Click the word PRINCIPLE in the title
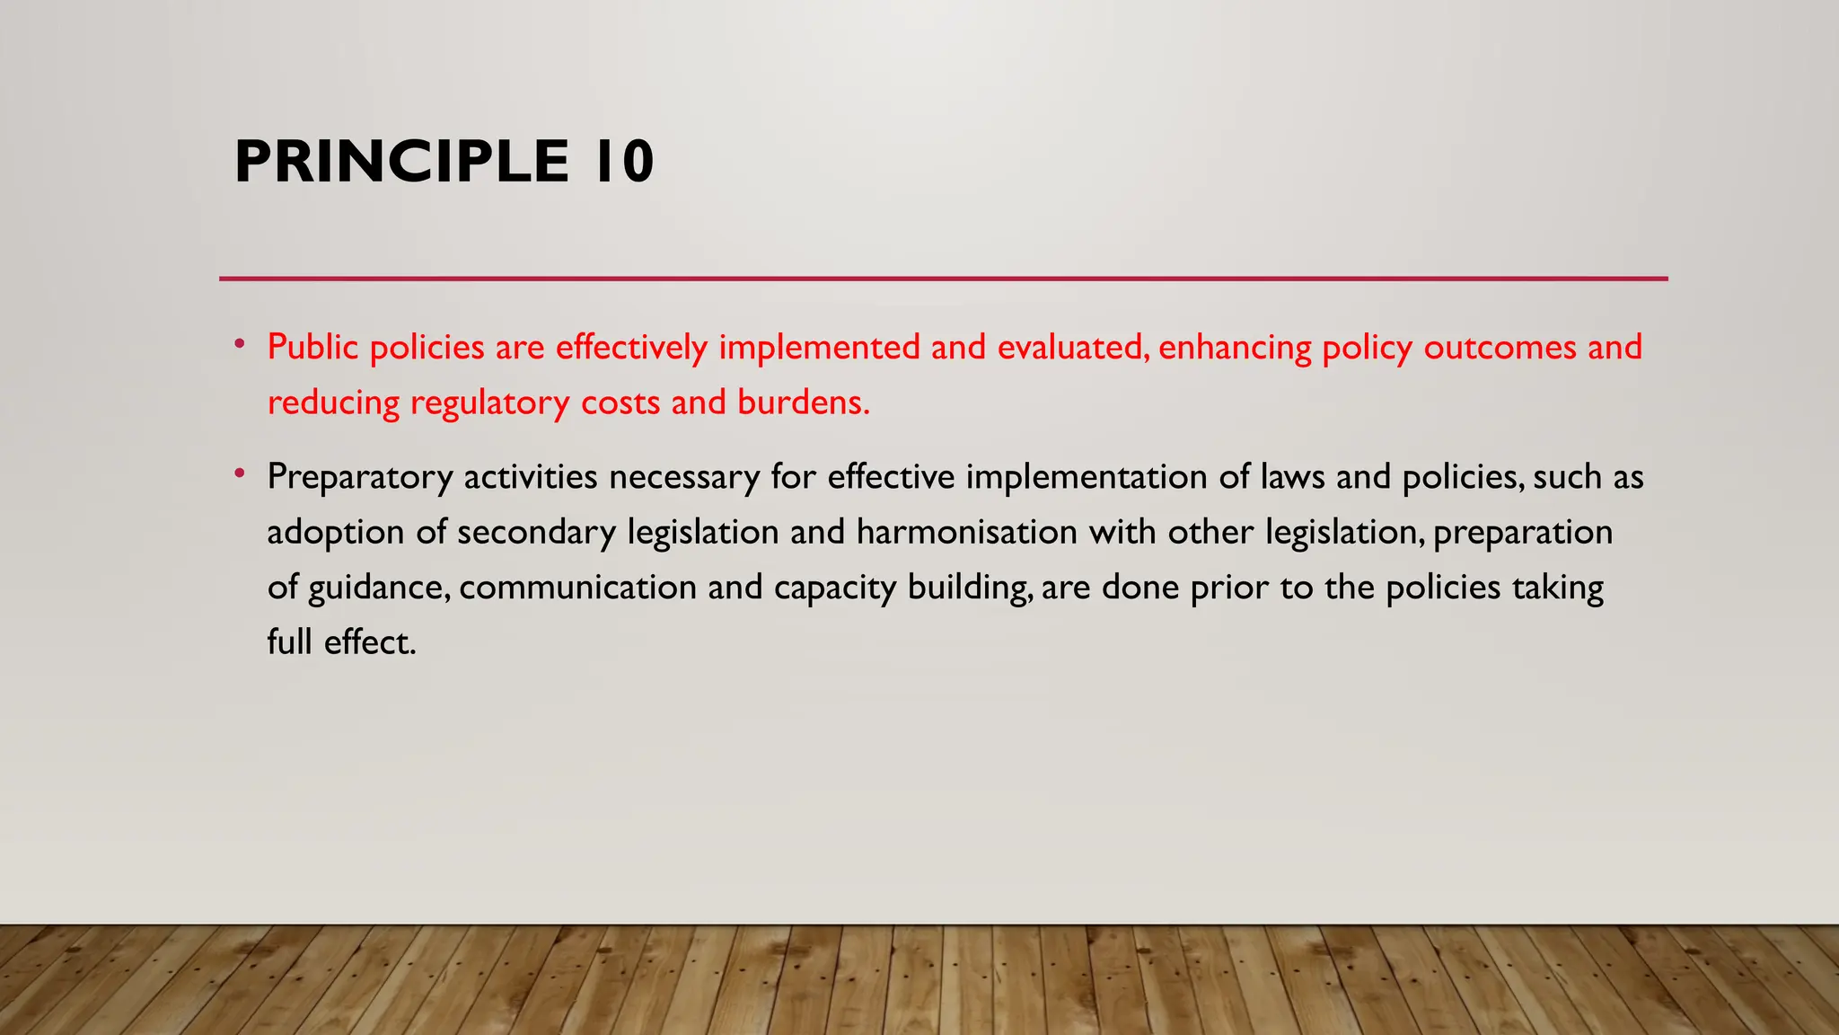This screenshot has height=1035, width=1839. click(x=401, y=163)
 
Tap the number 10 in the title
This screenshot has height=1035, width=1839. click(x=623, y=163)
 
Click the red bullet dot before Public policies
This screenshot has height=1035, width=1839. click(x=239, y=343)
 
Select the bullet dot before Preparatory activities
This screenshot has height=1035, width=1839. click(x=239, y=473)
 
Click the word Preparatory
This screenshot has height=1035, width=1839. click(x=359, y=477)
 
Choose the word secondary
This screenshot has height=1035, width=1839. click(x=536, y=533)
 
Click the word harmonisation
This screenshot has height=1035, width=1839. click(x=967, y=533)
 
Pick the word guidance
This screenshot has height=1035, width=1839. click(x=379, y=588)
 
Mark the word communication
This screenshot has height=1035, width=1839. click(x=577, y=588)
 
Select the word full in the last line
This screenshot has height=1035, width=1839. click(x=289, y=642)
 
